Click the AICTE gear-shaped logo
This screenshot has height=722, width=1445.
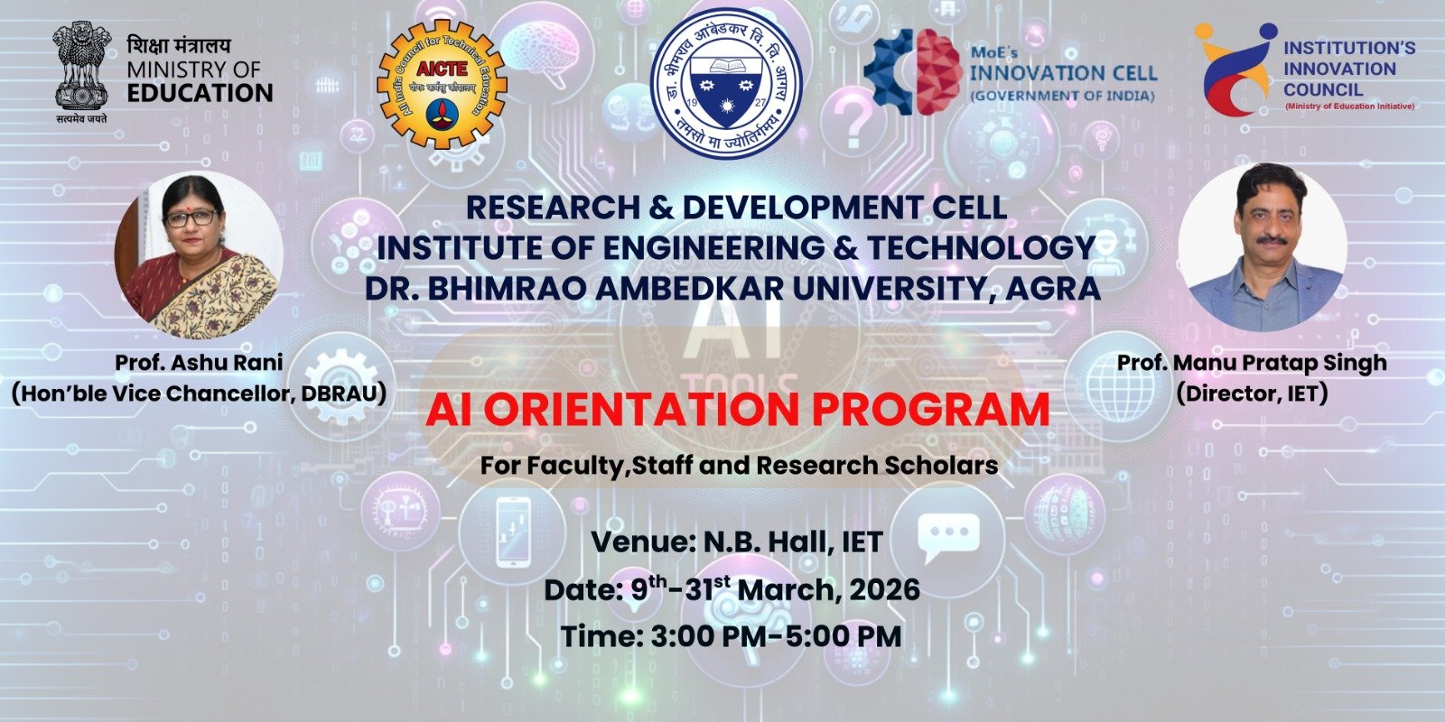(x=442, y=83)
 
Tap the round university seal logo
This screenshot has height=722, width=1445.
(x=728, y=83)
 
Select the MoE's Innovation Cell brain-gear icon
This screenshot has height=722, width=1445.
(x=911, y=71)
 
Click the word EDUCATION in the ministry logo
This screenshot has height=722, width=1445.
(x=200, y=93)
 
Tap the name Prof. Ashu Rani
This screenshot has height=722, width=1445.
(x=199, y=363)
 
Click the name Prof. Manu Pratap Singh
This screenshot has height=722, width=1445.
(x=1252, y=363)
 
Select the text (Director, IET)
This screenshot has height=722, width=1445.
(x=1252, y=393)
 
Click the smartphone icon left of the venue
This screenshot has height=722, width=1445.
(x=512, y=532)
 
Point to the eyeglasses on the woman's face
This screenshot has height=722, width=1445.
(x=191, y=218)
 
